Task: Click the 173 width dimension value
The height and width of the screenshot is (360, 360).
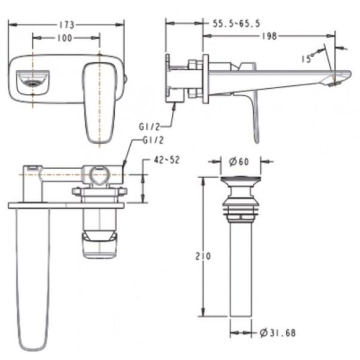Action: pyautogui.click(x=67, y=24)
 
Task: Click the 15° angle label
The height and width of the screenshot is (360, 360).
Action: pyautogui.click(x=307, y=58)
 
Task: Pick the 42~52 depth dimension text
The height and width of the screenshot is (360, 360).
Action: pyautogui.click(x=166, y=160)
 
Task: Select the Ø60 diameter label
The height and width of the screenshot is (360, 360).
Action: pyautogui.click(x=240, y=162)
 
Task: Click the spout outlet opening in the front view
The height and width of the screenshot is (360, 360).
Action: pyautogui.click(x=32, y=82)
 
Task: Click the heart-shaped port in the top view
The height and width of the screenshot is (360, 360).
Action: pyautogui.click(x=100, y=174)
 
